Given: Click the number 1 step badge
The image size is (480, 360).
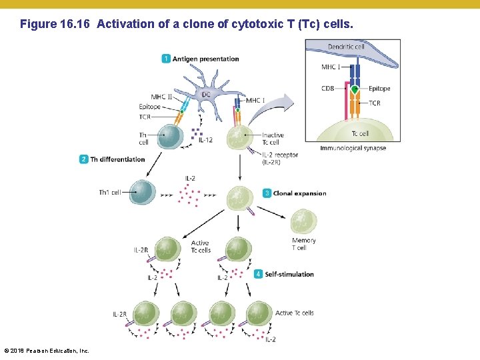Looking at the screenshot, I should click(x=165, y=59).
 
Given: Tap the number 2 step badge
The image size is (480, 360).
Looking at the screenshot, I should click(x=83, y=159).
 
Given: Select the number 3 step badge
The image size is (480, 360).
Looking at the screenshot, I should click(x=267, y=193).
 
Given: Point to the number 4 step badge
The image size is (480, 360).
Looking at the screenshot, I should click(x=258, y=274).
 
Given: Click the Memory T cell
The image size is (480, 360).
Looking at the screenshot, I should click(x=304, y=221).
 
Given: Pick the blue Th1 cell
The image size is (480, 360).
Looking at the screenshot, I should click(x=141, y=192).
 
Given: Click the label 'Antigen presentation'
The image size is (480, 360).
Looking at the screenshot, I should click(x=205, y=59).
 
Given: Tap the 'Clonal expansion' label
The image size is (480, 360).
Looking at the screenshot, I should click(x=299, y=193).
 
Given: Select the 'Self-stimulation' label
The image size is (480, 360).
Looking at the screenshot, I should click(x=289, y=274).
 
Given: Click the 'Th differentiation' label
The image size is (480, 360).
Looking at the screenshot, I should click(x=117, y=159).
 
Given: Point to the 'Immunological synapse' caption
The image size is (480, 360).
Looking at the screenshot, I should click(x=353, y=148).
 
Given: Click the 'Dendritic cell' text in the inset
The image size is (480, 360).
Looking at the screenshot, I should click(x=346, y=47).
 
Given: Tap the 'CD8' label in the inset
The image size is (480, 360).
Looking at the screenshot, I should click(x=327, y=89).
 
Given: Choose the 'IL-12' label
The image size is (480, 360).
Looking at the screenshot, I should click(x=206, y=140).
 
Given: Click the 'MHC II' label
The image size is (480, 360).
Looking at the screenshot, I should click(x=161, y=97).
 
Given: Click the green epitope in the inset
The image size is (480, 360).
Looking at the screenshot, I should click(x=355, y=89).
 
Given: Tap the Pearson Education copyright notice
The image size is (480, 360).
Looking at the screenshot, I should click(x=47, y=351).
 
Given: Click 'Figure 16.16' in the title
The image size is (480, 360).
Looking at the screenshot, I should click(x=56, y=25).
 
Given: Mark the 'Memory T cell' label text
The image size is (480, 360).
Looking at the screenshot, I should click(x=303, y=244).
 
